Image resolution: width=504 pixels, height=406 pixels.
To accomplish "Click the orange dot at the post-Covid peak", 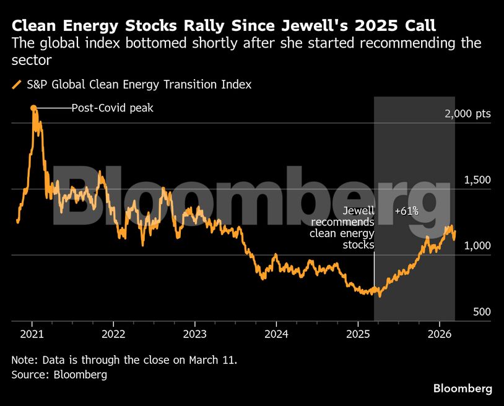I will tap(33, 108).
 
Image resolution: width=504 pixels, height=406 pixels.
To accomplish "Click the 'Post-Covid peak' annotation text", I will tap(112, 108).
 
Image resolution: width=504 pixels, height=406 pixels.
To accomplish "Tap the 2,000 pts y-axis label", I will tap(467, 114).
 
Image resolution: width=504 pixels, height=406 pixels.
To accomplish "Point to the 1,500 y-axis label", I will tap(477, 179).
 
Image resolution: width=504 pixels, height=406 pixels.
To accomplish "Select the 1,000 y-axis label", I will tap(477, 246).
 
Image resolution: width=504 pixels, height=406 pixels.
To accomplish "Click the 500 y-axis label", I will tap(482, 311).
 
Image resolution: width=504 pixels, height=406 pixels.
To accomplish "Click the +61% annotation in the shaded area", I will tap(407, 212).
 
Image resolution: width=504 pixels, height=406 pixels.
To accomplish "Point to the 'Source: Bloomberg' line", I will tap(59, 374).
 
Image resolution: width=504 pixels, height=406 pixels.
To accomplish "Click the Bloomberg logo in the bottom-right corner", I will tap(463, 389).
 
